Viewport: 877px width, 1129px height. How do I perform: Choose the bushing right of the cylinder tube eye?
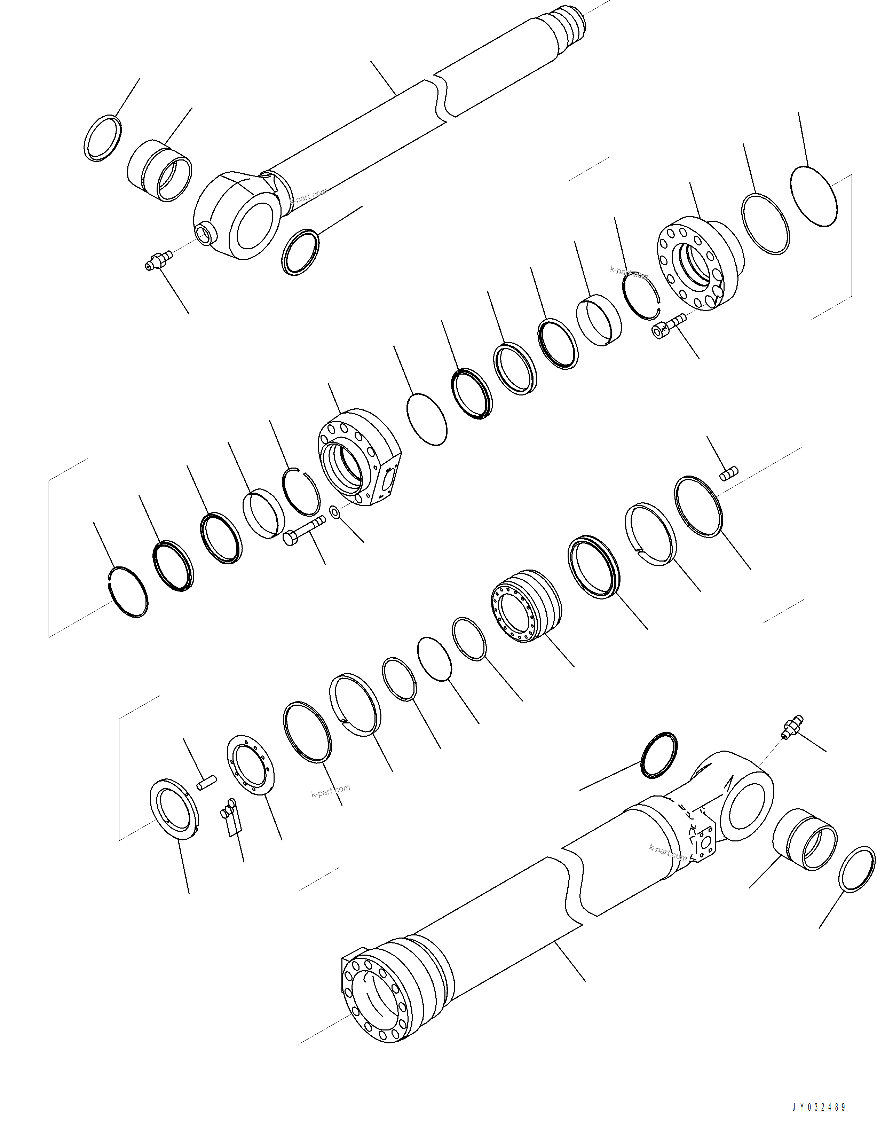[x=805, y=841]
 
